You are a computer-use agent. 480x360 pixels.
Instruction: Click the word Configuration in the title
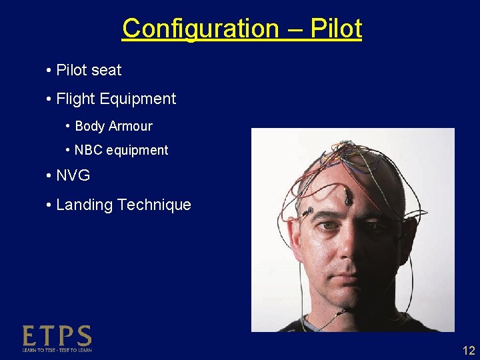pyautogui.click(x=201, y=29)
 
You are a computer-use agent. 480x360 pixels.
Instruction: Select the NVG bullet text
pyautogui.click(x=73, y=176)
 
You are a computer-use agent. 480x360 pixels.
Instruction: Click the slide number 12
pyautogui.click(x=469, y=351)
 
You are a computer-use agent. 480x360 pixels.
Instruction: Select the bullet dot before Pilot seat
pyautogui.click(x=49, y=70)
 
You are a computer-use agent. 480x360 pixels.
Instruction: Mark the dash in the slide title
pyautogui.click(x=297, y=29)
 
